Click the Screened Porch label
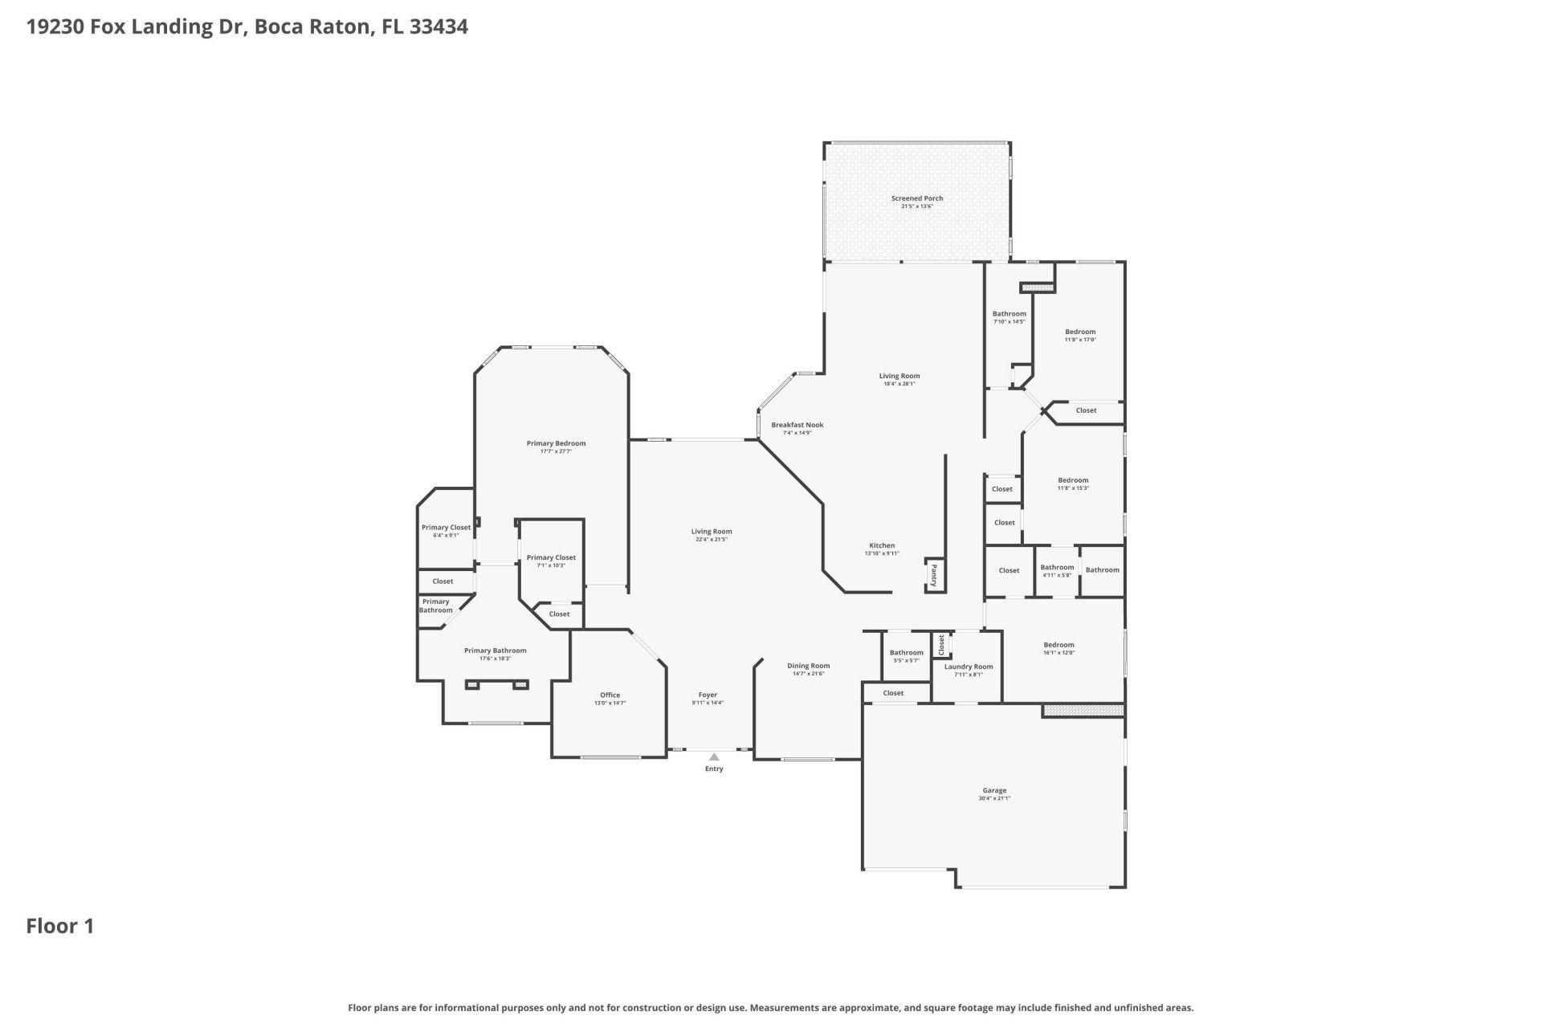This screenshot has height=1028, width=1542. coord(916,198)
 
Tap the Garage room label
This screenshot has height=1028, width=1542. coord(993,790)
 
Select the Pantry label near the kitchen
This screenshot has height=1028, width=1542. coord(934,575)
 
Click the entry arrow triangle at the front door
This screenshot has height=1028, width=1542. coord(714,757)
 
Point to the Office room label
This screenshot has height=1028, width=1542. coord(610,696)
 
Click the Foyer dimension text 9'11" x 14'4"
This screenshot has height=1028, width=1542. coord(708,704)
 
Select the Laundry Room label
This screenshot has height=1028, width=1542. coord(968,667)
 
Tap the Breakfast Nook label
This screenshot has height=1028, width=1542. coord(797,425)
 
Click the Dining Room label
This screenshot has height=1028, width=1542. coord(808,666)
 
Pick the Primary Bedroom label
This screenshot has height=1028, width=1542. coord(556,443)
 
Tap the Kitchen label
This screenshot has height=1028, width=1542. coord(881,545)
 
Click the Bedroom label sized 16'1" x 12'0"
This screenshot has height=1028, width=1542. coord(1059,645)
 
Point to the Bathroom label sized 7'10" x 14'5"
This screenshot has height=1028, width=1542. coord(1009,314)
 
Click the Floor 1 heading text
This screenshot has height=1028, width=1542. coord(60,926)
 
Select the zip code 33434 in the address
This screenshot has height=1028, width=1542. coord(439,27)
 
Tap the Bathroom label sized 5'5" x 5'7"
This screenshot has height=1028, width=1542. coord(906,653)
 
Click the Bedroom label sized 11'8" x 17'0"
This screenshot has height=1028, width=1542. coord(1080,332)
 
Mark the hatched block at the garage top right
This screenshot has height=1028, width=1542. coord(1083,711)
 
